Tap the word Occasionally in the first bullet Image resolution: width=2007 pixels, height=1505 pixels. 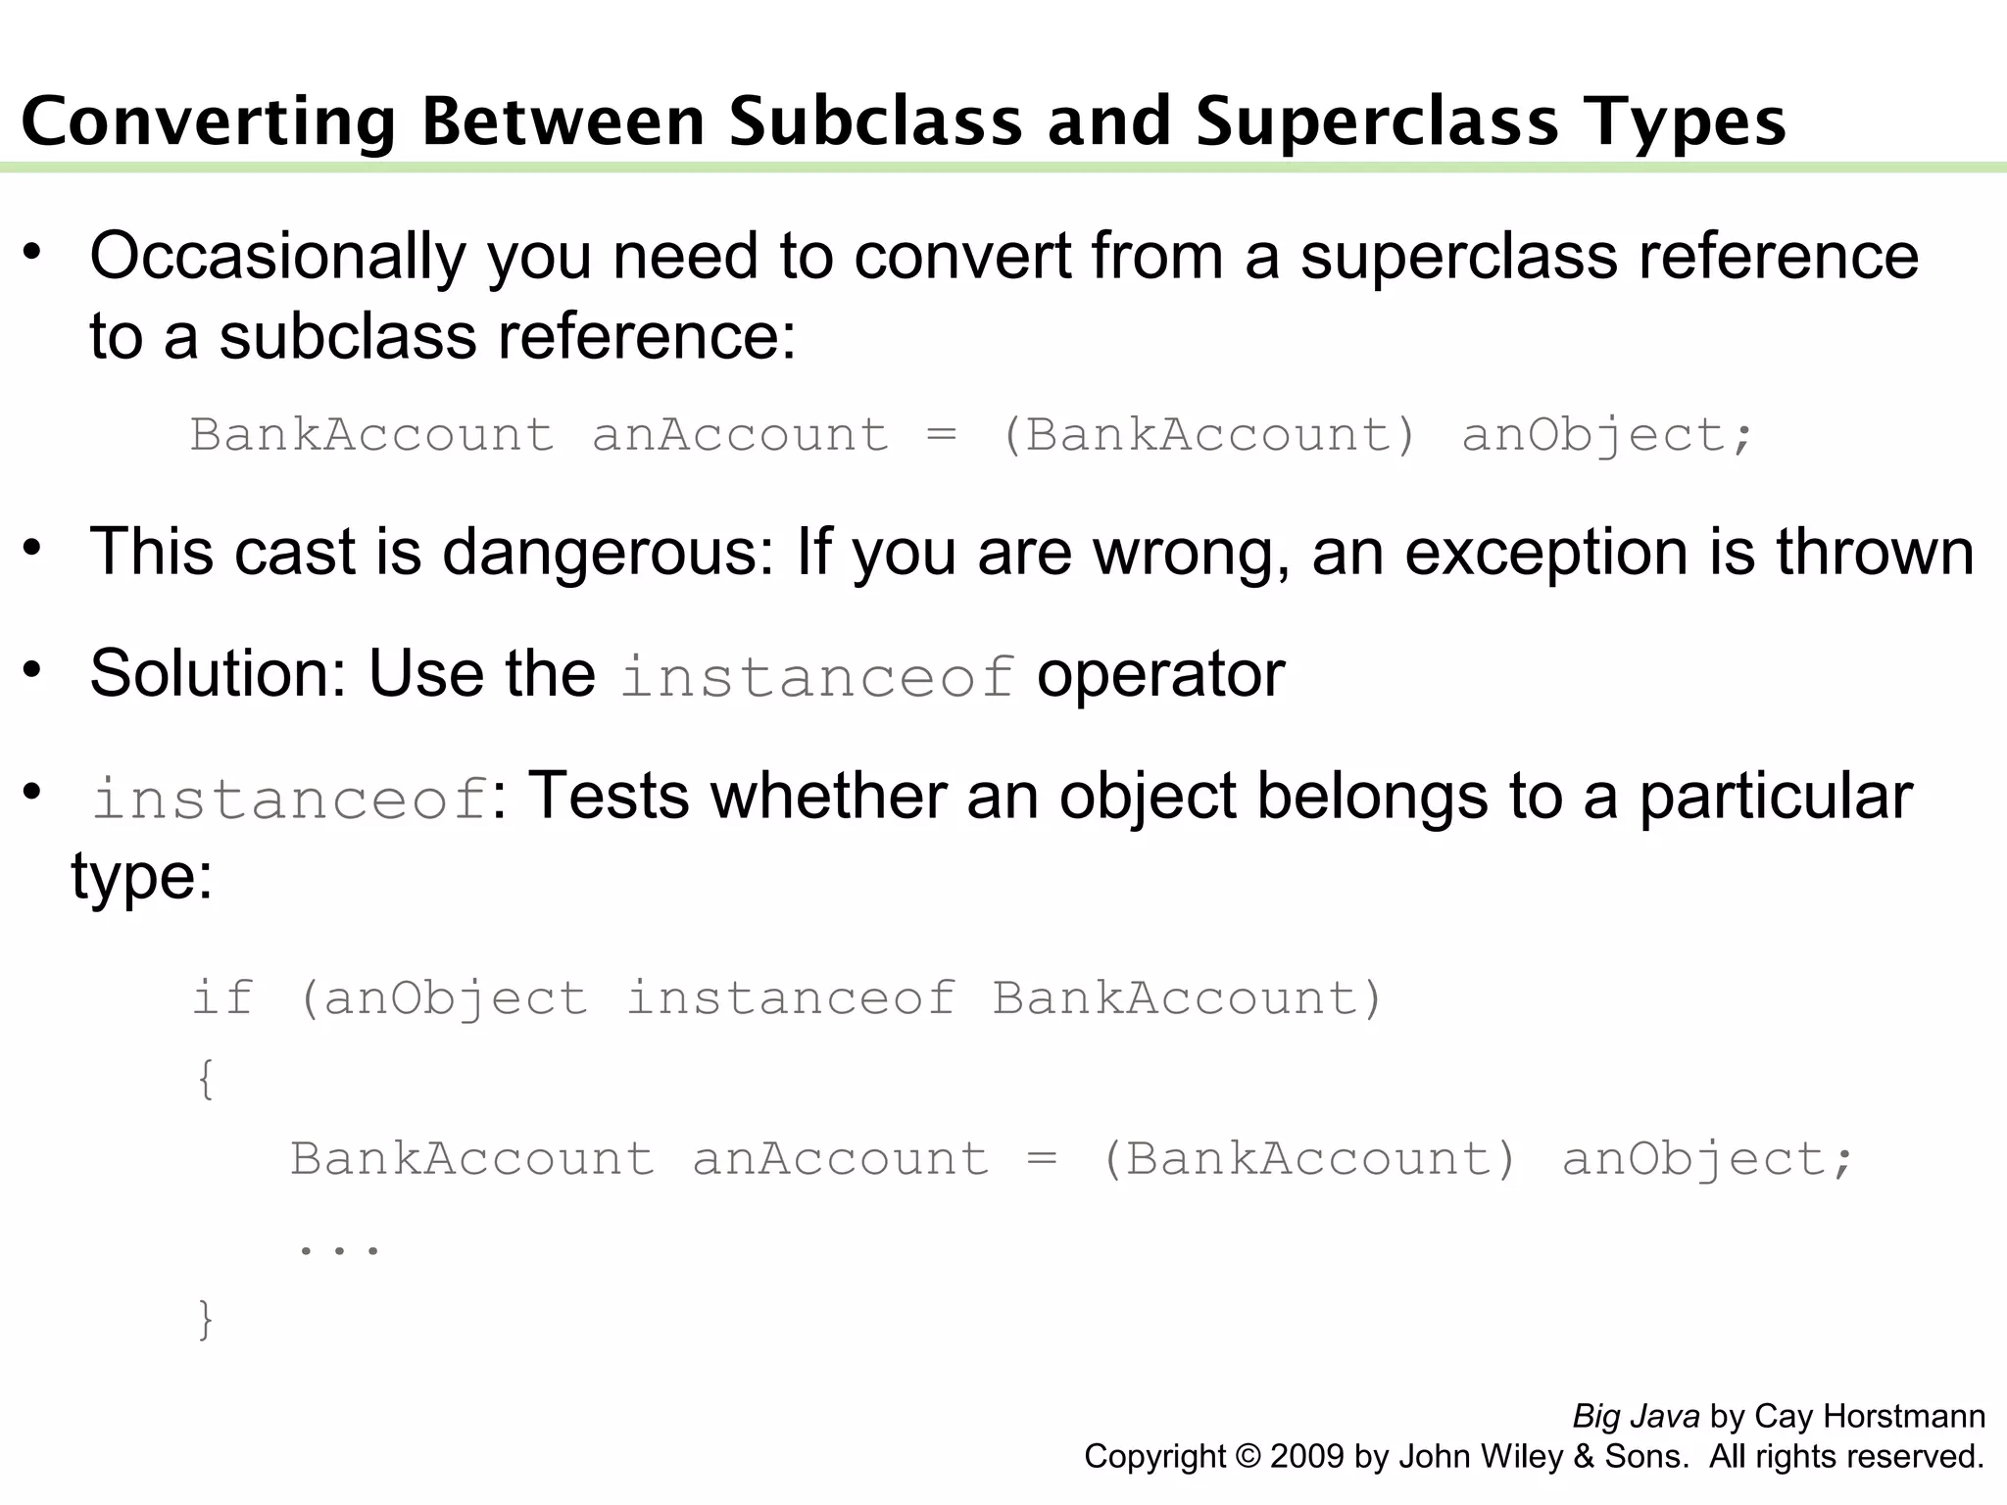pos(277,257)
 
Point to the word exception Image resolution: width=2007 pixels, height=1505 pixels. pos(1547,553)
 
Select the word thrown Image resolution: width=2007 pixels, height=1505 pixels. pos(1875,553)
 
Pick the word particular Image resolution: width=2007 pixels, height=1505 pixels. pos(1776,796)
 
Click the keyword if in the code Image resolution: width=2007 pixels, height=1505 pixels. pos(222,998)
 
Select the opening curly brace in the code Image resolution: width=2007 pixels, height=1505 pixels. pos(205,1080)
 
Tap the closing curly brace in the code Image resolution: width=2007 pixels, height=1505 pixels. pos(205,1319)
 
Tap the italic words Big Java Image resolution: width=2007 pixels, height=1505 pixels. pos(1636,1417)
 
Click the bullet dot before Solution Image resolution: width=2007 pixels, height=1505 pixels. pos(33,670)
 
